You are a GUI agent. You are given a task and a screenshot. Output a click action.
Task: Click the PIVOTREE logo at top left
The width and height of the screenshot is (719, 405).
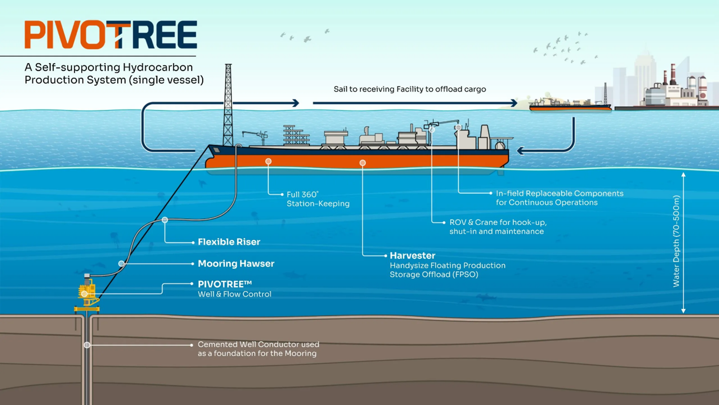click(x=111, y=35)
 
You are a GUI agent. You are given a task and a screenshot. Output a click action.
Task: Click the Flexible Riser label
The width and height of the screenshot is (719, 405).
click(x=229, y=242)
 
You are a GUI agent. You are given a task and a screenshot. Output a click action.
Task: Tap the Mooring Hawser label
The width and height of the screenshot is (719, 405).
click(x=236, y=264)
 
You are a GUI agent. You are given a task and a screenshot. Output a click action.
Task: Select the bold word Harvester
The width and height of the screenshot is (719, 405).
click(x=413, y=256)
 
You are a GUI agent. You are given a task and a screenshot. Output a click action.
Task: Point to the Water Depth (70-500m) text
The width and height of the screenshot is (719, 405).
click(x=676, y=241)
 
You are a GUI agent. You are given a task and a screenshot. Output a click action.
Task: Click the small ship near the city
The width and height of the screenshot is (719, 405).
click(x=570, y=105)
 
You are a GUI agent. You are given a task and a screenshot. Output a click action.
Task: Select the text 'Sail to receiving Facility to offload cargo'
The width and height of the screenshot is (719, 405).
click(x=410, y=89)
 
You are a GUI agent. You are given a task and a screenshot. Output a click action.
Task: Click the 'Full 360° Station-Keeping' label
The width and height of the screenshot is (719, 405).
click(x=318, y=199)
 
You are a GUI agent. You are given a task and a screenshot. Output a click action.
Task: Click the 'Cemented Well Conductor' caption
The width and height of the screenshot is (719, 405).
click(x=258, y=349)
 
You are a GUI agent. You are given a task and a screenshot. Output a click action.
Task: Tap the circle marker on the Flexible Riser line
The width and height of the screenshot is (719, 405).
click(x=165, y=220)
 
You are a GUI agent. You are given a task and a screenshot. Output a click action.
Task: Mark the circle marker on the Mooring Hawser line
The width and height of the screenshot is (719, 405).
click(x=122, y=264)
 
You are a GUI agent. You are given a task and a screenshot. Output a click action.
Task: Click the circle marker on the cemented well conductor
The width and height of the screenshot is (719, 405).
click(x=87, y=345)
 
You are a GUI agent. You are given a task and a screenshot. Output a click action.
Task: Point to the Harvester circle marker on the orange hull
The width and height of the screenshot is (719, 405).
click(x=362, y=163)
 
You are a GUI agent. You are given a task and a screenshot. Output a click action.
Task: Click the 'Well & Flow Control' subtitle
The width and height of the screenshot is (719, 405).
click(x=234, y=294)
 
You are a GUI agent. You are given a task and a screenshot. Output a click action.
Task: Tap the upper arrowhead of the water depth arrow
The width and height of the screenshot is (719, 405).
click(x=683, y=175)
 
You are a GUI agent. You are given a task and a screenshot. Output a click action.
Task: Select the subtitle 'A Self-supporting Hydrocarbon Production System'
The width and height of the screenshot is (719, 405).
click(x=114, y=74)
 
